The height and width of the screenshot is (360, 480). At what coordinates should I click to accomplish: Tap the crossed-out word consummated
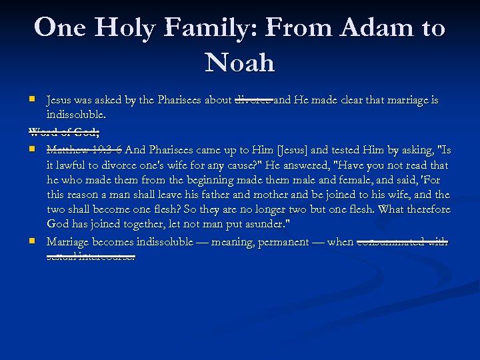pyautogui.click(x=391, y=241)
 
